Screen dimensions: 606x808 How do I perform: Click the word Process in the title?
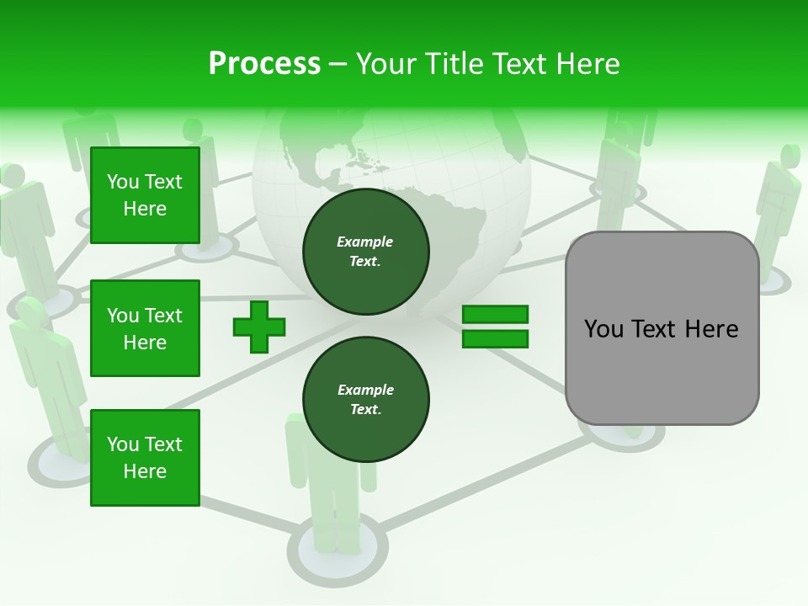pyautogui.click(x=264, y=64)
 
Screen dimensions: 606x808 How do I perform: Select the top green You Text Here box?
pyautogui.click(x=145, y=195)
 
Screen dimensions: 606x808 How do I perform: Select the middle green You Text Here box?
pyautogui.click(x=145, y=328)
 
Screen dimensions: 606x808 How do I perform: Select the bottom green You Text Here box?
pyautogui.click(x=145, y=458)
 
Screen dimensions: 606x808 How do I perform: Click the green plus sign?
pyautogui.click(x=259, y=327)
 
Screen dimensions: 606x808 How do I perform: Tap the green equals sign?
pyautogui.click(x=495, y=327)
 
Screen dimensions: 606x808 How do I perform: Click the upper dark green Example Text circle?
pyautogui.click(x=365, y=252)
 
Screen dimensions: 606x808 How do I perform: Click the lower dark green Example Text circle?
pyautogui.click(x=365, y=400)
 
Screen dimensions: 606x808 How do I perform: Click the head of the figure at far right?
pyautogui.click(x=789, y=156)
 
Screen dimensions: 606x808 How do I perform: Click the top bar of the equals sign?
pyautogui.click(x=495, y=315)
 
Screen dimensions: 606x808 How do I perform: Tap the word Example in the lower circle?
pyautogui.click(x=365, y=390)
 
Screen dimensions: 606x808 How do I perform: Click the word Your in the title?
pyautogui.click(x=385, y=64)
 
